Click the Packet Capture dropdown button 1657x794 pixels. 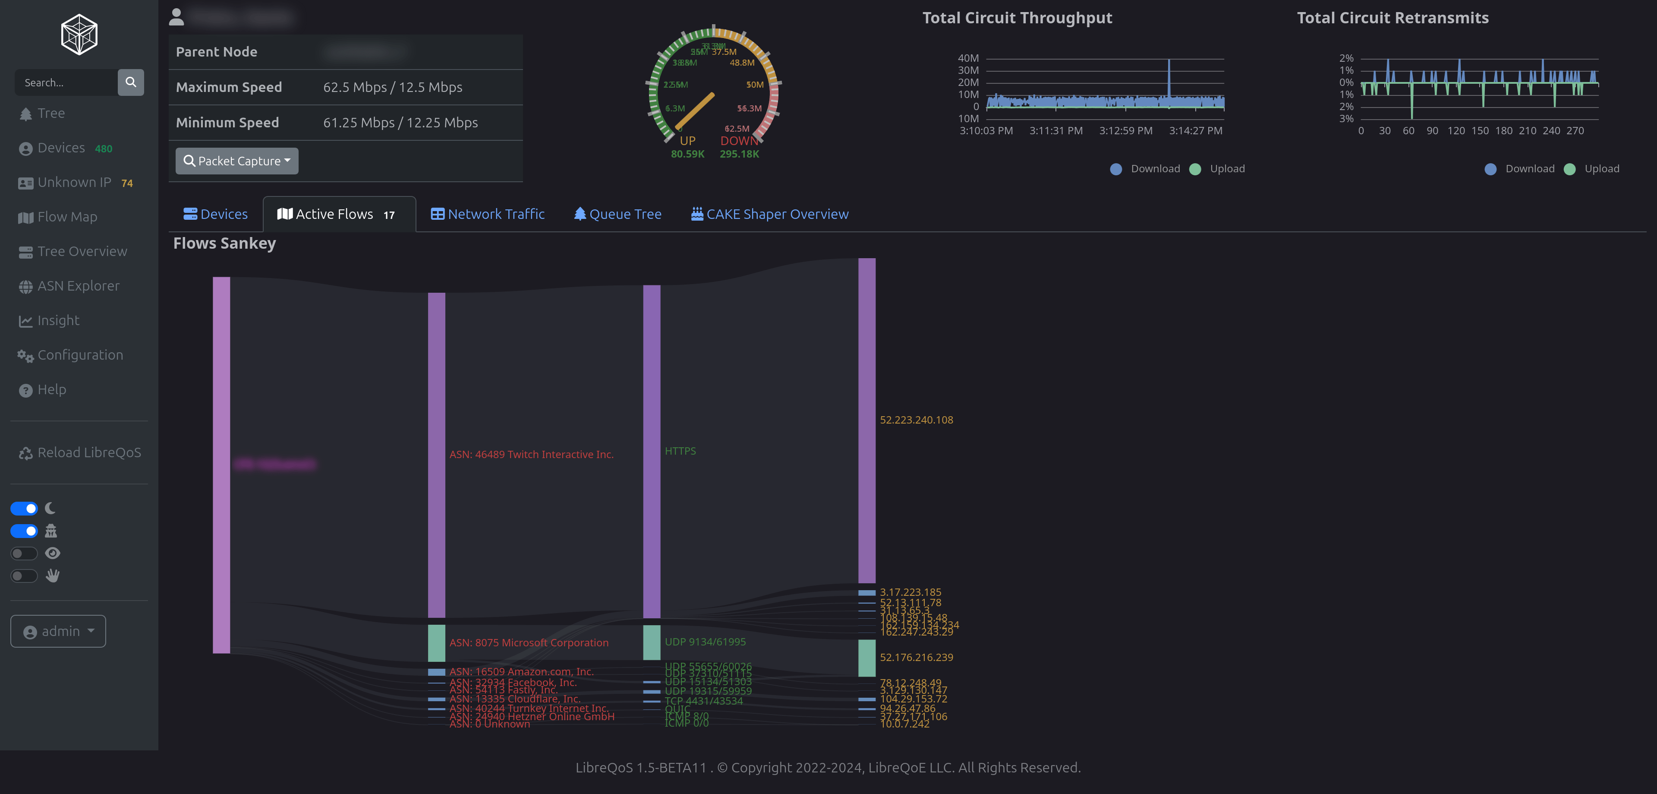237,161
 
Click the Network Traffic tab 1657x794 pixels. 488,214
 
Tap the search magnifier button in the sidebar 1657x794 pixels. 131,82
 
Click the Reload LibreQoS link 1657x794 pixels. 89,453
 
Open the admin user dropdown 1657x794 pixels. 58,631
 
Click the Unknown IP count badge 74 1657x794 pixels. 127,183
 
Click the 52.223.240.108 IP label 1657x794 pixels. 916,420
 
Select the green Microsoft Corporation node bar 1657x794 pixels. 436,643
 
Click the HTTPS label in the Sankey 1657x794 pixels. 680,451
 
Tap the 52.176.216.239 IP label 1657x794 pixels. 916,658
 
